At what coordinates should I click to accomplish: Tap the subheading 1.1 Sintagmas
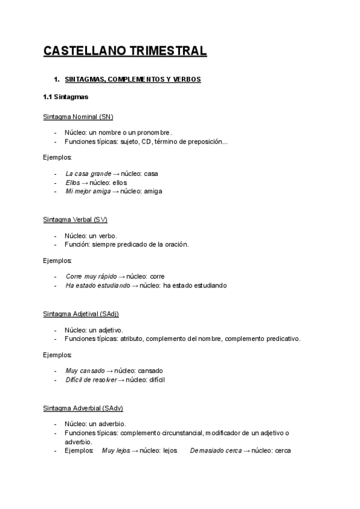(x=66, y=97)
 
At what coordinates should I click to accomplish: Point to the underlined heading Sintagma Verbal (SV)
(x=75, y=219)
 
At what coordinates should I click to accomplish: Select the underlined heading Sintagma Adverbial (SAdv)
(x=83, y=408)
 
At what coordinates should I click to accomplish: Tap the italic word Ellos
(x=73, y=182)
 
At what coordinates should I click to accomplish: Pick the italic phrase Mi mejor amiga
(x=88, y=191)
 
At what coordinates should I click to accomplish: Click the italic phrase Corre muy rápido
(x=91, y=277)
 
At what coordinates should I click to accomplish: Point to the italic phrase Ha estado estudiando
(x=97, y=286)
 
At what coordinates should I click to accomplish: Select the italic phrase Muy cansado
(x=85, y=371)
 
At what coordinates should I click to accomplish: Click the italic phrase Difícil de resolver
(x=91, y=380)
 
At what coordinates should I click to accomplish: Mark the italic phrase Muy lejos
(x=116, y=450)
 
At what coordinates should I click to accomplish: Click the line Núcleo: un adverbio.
(x=95, y=424)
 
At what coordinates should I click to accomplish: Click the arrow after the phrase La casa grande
(x=116, y=173)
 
